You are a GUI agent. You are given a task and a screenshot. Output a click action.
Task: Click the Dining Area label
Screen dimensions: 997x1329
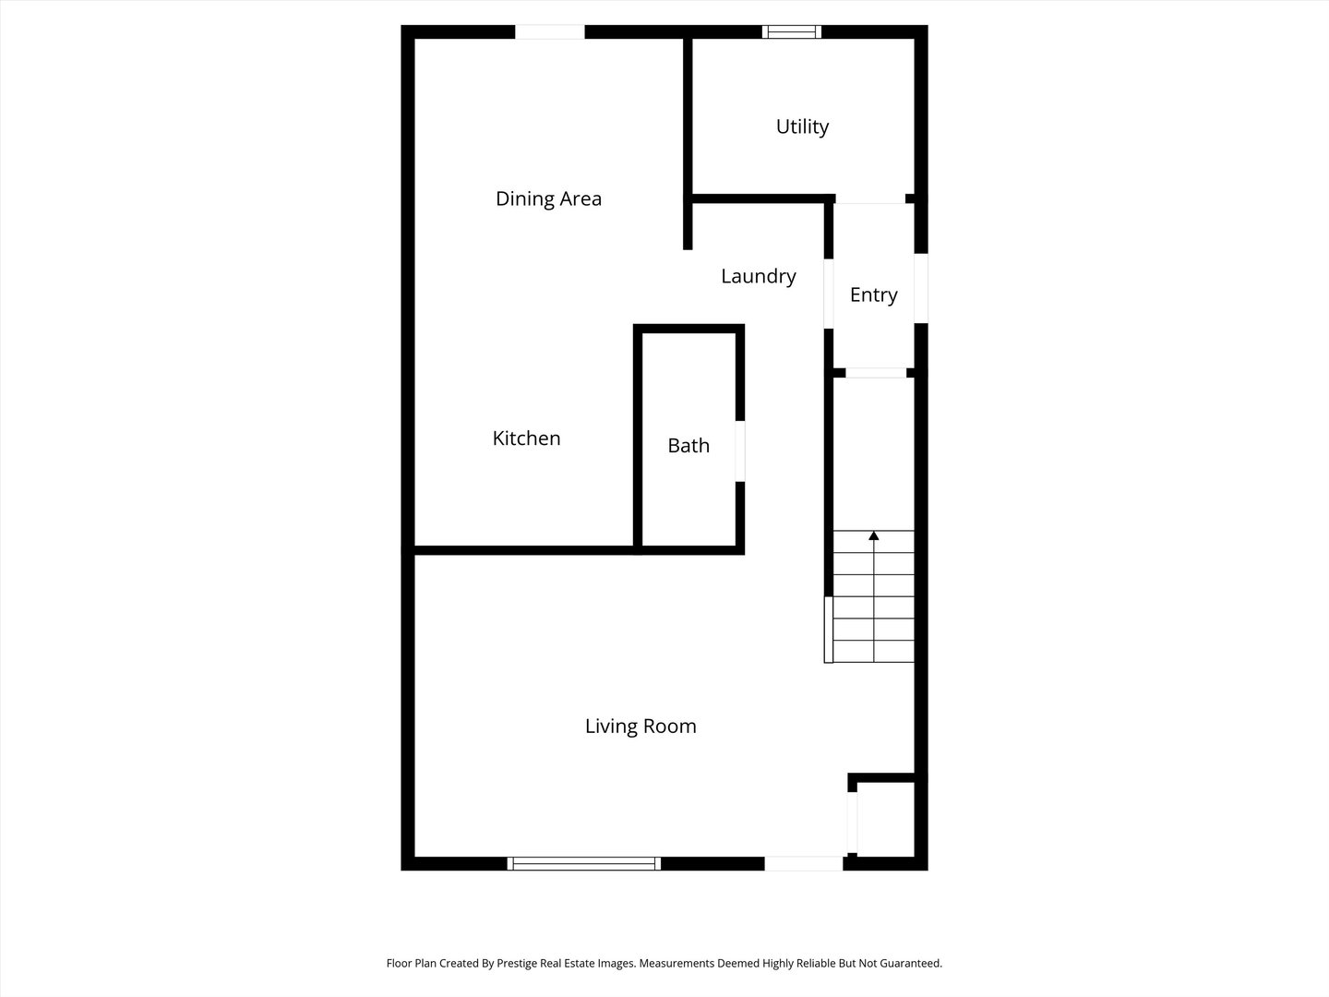(548, 198)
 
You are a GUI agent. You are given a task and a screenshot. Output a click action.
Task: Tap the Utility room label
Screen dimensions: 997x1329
(802, 126)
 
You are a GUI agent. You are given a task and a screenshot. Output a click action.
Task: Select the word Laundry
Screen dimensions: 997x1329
(758, 276)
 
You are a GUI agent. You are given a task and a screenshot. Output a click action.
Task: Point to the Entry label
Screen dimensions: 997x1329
(873, 294)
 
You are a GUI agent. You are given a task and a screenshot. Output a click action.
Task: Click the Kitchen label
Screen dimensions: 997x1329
(526, 438)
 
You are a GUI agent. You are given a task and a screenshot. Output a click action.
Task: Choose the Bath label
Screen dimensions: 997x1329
(688, 446)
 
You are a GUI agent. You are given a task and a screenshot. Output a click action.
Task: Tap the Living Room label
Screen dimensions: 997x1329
(641, 727)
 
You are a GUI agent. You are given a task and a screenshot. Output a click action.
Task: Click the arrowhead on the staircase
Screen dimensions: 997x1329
(873, 535)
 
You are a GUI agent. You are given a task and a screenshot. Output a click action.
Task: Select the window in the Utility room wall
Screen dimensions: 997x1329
(792, 32)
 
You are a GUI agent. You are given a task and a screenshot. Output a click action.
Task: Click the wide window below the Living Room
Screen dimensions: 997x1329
(584, 863)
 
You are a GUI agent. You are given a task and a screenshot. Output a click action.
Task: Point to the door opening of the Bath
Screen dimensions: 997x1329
(740, 451)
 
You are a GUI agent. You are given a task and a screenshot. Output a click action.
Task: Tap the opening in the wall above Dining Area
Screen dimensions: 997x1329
(549, 32)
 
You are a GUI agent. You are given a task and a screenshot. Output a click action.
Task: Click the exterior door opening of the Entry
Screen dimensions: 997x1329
(920, 288)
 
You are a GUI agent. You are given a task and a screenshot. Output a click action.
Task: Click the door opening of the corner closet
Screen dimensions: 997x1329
(853, 822)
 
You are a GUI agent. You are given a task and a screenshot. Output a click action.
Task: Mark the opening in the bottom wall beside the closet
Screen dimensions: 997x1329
(803, 863)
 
